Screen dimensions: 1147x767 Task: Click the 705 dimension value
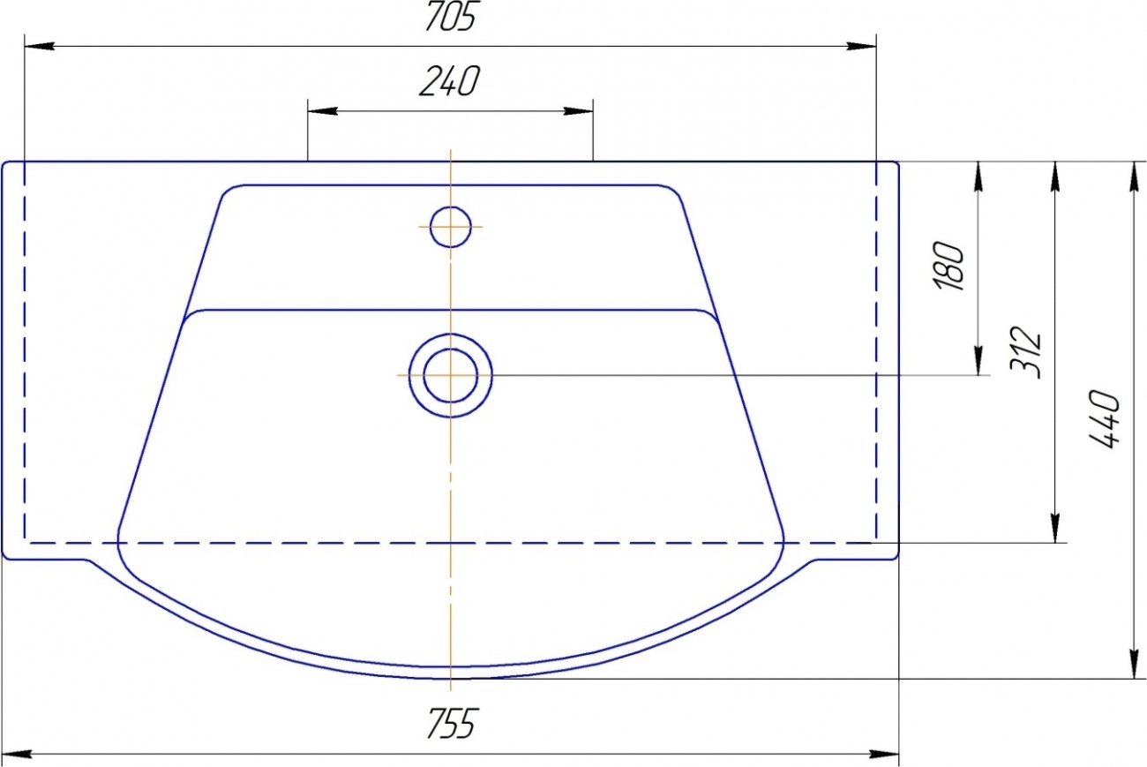click(451, 17)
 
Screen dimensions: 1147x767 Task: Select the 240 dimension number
click(450, 81)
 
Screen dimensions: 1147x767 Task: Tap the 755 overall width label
click(451, 724)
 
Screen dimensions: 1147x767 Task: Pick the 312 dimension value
click(1025, 352)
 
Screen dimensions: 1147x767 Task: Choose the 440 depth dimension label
click(1104, 419)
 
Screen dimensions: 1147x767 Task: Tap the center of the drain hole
click(451, 376)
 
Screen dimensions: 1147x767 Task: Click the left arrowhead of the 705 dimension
click(40, 46)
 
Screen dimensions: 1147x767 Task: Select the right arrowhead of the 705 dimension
click(861, 46)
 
